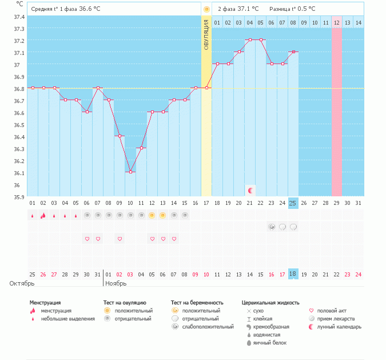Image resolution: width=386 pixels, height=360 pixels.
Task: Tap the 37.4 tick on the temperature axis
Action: click(19, 17)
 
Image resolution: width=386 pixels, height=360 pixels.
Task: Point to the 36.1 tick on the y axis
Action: click(19, 173)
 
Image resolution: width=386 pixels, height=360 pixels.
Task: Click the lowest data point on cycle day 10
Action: click(130, 172)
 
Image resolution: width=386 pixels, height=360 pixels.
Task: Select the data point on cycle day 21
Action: click(250, 40)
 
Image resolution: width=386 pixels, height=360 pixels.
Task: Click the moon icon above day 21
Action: click(250, 189)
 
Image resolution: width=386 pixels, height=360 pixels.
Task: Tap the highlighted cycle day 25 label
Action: click(293, 203)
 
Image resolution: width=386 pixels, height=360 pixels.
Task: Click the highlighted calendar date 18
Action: click(293, 274)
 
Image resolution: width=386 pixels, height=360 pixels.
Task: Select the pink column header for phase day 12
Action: click(336, 22)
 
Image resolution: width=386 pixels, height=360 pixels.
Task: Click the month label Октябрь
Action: click(22, 283)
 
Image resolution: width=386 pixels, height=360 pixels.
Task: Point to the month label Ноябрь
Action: click(116, 283)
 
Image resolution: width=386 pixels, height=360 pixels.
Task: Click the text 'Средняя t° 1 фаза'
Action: click(54, 9)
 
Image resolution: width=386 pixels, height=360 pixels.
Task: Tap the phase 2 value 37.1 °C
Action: click(248, 9)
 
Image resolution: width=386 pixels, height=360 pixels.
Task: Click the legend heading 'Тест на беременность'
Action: click(197, 302)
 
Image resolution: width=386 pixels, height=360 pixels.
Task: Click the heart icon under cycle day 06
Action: click(87, 239)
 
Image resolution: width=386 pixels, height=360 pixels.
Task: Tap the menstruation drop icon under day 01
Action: click(33, 216)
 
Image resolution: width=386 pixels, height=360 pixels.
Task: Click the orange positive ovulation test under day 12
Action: click(152, 215)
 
